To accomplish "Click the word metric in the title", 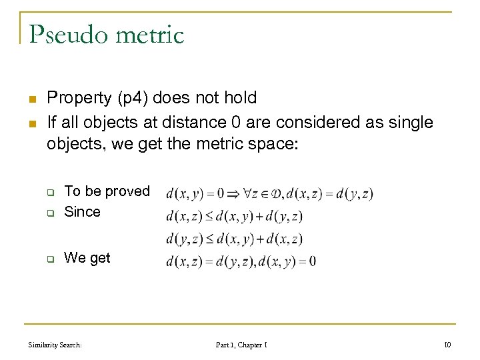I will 149,34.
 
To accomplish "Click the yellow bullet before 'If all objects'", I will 31,124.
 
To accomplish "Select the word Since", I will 82,212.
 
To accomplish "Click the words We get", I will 87,258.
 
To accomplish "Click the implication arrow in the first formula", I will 239,195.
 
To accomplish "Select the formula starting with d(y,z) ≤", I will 234,239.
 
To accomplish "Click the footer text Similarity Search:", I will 55,345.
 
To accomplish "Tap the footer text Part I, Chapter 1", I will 241,345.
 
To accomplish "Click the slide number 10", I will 447,345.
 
